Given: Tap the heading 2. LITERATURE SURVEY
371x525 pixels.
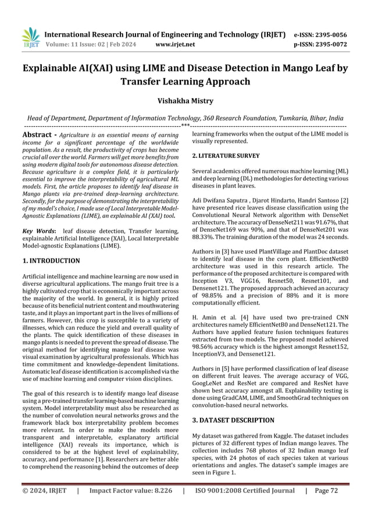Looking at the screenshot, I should point(226,156).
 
